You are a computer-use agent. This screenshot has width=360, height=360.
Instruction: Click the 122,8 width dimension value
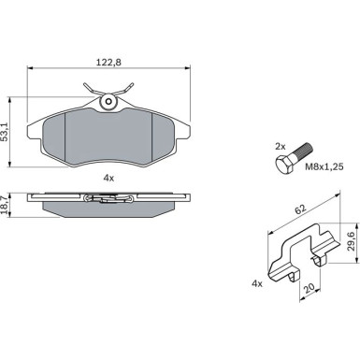tap(108, 63)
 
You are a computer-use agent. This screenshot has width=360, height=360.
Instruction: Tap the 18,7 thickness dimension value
tap(5, 205)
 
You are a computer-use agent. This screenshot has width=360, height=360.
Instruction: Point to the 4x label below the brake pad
tap(108, 178)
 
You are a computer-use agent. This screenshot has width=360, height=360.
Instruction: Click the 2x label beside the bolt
tap(280, 146)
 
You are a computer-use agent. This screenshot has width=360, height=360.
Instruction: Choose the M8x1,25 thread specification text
tap(324, 167)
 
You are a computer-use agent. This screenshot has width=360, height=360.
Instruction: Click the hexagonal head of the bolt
tap(284, 166)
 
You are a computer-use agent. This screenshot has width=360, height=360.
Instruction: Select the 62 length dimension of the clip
tap(301, 209)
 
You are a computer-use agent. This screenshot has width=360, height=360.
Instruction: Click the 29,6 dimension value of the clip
tap(352, 241)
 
